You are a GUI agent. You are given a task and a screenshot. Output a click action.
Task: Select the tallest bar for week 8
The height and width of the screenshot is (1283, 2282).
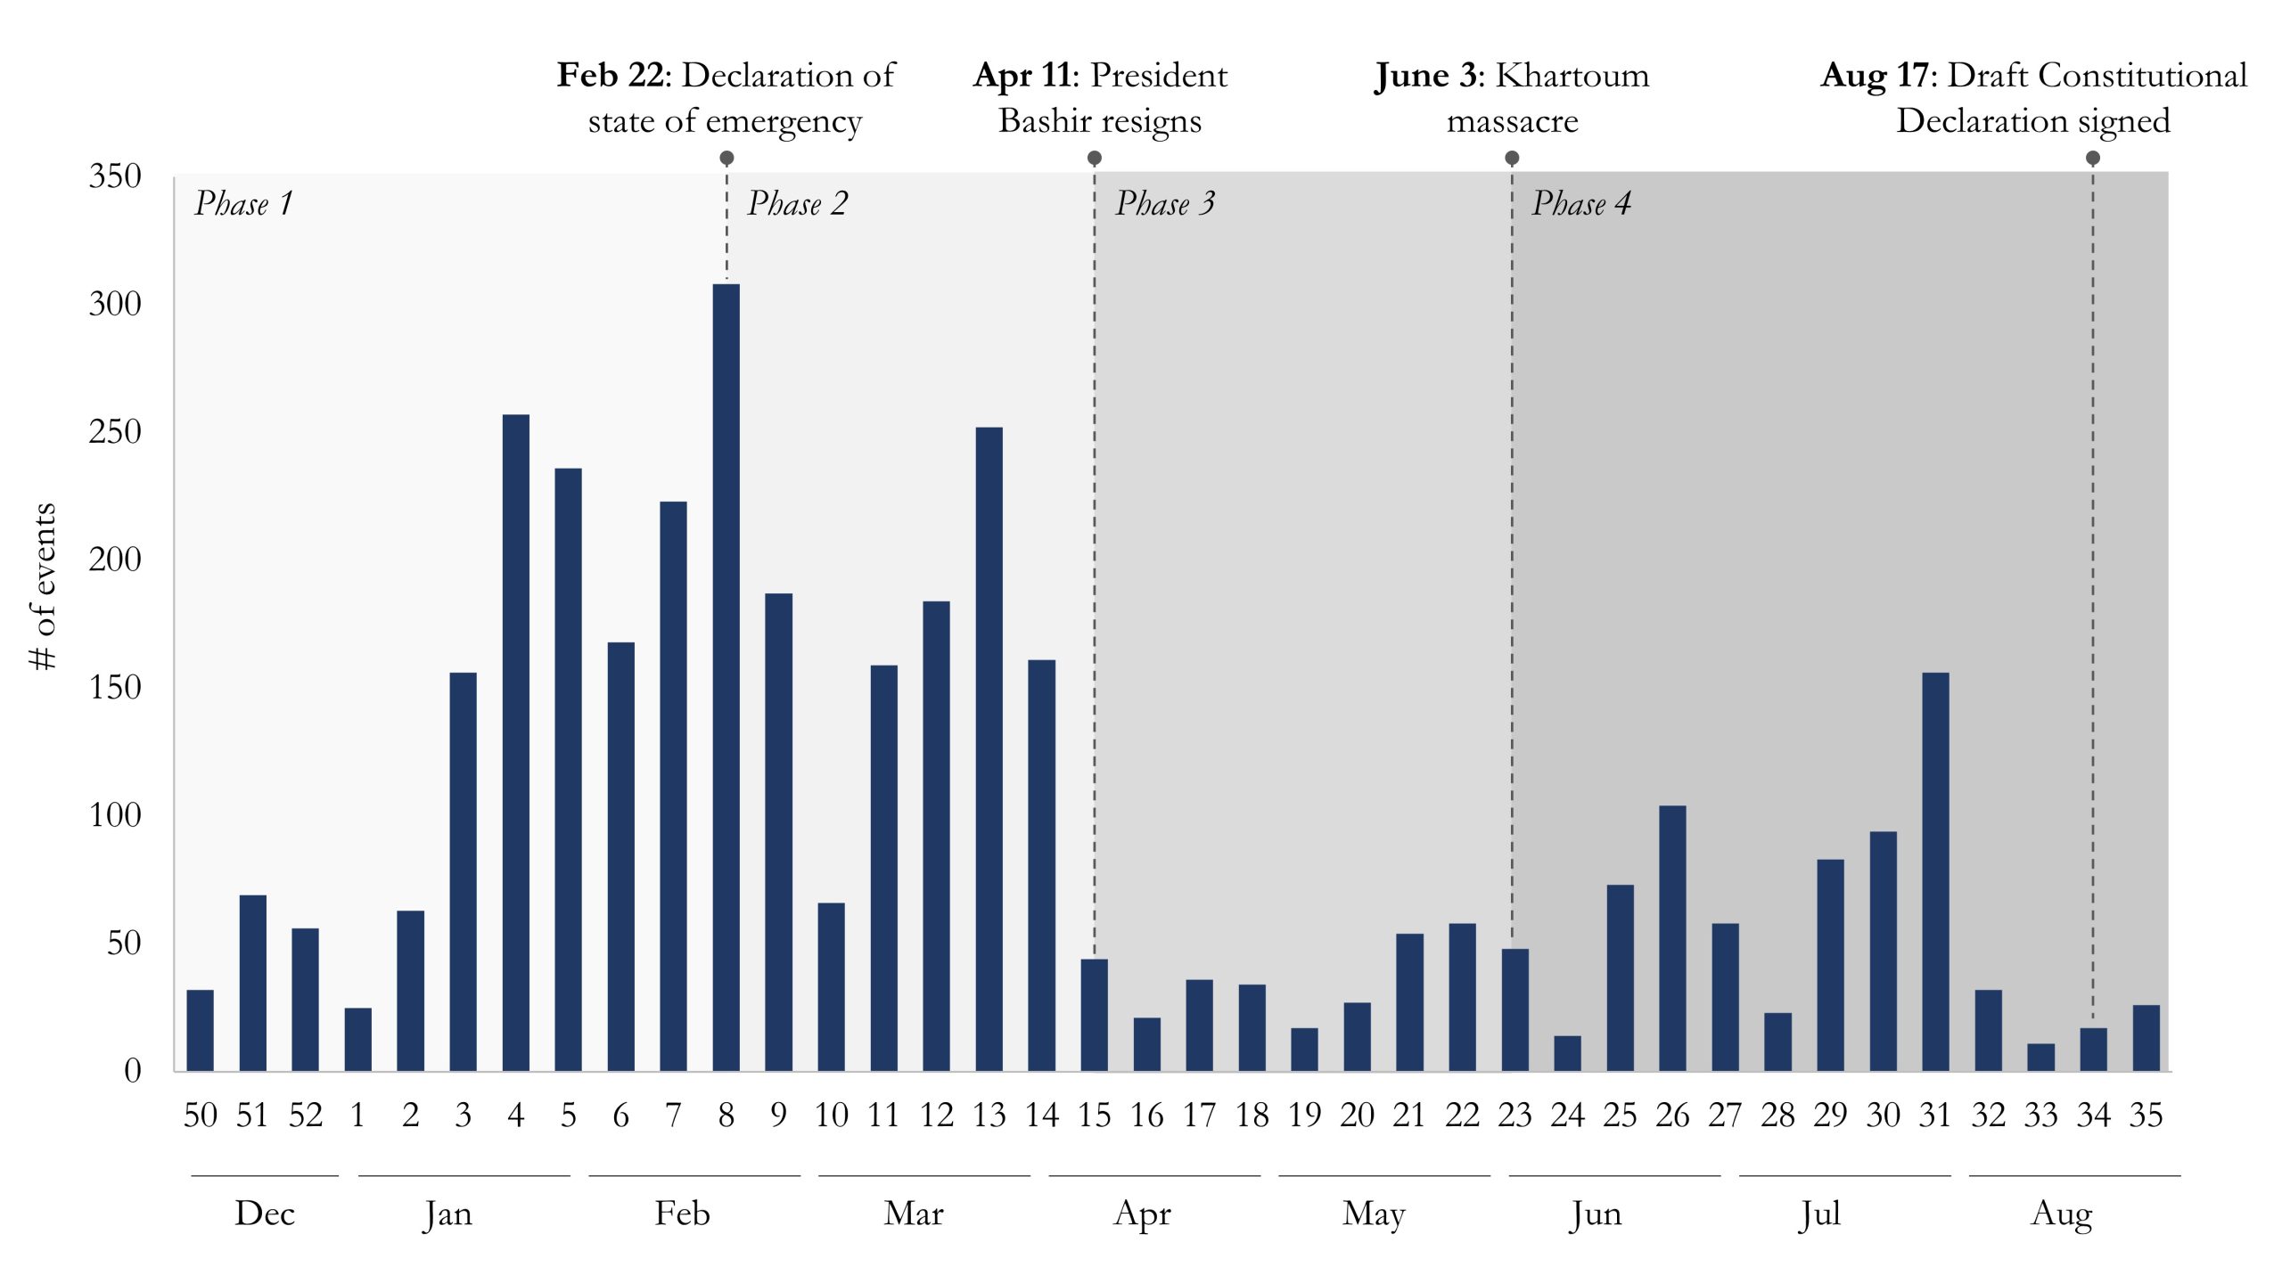click(x=726, y=677)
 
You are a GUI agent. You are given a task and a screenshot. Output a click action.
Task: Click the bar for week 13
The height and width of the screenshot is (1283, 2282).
click(x=989, y=748)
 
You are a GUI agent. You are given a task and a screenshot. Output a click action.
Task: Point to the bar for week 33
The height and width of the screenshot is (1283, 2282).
click(x=2040, y=1057)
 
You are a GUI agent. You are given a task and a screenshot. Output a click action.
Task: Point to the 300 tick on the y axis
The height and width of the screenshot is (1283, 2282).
click(x=115, y=305)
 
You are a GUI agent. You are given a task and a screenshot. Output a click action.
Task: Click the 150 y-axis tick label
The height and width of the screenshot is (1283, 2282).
click(x=115, y=688)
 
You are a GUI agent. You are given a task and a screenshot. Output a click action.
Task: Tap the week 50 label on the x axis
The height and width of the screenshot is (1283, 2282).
click(x=200, y=1115)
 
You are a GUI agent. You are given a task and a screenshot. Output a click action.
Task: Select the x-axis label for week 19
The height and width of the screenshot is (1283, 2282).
click(x=1304, y=1115)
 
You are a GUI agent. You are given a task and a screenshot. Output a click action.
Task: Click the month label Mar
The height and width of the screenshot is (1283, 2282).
click(x=914, y=1214)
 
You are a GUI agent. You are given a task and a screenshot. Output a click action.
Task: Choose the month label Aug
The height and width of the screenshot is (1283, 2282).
click(x=2061, y=1214)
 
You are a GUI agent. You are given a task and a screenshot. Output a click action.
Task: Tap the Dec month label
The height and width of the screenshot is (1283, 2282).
click(x=264, y=1214)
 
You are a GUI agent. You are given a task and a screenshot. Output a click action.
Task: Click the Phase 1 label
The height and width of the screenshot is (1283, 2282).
click(x=243, y=204)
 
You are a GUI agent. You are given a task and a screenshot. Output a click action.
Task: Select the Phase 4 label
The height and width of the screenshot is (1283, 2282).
click(x=1581, y=204)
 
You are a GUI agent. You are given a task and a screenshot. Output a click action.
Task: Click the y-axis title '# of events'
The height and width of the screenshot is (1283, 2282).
click(x=43, y=585)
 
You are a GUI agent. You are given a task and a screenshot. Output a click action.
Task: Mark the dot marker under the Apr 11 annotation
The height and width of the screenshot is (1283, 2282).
click(x=1095, y=158)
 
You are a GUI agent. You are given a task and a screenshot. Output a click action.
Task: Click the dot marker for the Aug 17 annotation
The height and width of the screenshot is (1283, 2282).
click(x=2093, y=158)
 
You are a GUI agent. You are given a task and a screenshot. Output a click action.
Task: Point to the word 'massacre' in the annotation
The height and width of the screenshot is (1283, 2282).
click(x=1512, y=121)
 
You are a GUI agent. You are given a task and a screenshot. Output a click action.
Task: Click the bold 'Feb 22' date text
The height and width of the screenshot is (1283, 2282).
click(x=611, y=76)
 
